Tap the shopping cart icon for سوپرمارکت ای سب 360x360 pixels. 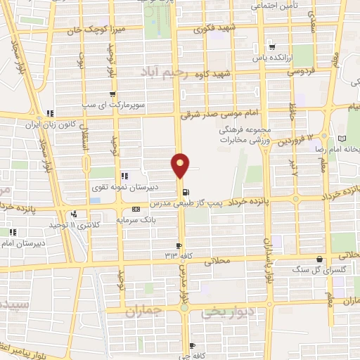[x=112, y=94]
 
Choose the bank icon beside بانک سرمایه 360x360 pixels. [x=136, y=210]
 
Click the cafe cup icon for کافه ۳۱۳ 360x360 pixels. [x=180, y=245]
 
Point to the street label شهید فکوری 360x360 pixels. [x=210, y=30]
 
